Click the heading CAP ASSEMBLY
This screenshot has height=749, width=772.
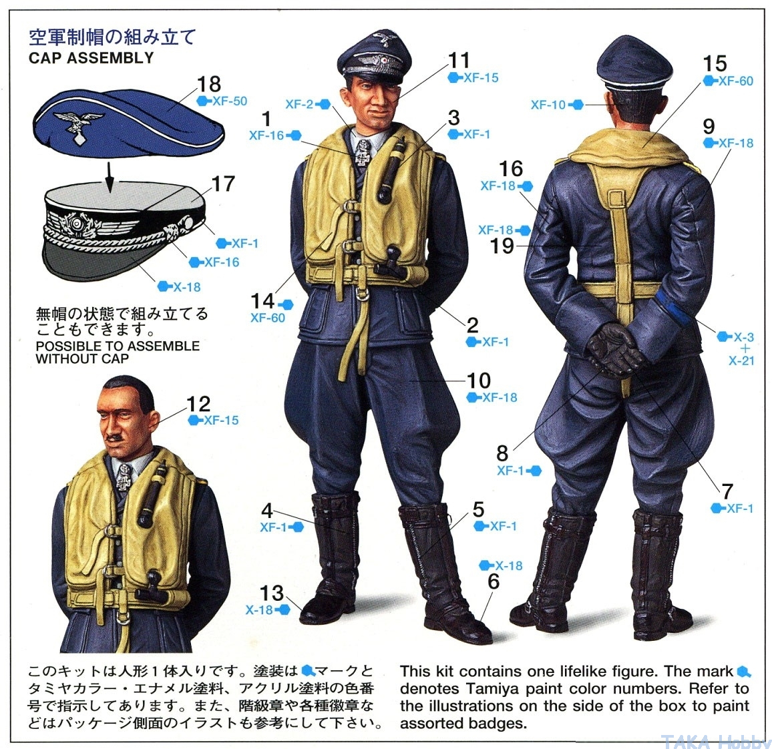point(91,57)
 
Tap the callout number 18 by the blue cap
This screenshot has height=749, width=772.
point(209,84)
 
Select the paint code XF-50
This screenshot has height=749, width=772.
point(230,101)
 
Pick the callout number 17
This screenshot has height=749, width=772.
point(223,184)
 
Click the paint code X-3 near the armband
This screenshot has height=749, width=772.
point(743,337)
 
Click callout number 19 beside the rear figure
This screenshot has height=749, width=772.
point(502,246)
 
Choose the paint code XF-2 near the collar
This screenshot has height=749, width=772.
point(299,104)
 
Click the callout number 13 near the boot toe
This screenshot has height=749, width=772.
point(271,593)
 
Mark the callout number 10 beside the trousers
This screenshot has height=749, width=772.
point(479,381)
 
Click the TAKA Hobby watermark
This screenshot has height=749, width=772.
point(714,741)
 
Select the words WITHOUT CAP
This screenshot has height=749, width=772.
point(81,358)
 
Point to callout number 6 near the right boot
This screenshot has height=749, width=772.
point(494,581)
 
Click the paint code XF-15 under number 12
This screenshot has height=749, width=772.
point(221,421)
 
